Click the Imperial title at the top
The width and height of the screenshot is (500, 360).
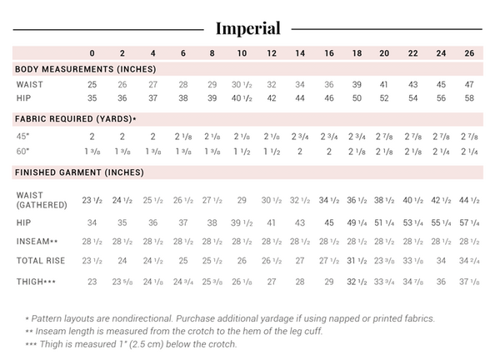(248, 27)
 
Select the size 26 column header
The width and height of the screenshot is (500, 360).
(468, 52)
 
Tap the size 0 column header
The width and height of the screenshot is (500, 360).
(92, 52)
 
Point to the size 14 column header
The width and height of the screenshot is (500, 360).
(300, 52)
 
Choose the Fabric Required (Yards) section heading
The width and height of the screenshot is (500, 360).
(76, 119)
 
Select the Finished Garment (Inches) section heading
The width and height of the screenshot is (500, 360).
(79, 172)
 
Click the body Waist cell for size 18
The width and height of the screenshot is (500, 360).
(357, 84)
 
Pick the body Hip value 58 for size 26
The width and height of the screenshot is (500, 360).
(468, 98)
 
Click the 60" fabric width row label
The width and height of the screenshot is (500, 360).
(23, 151)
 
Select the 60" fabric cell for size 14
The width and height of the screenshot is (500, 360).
(300, 151)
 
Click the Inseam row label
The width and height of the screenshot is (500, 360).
(36, 242)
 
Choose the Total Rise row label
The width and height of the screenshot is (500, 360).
(41, 261)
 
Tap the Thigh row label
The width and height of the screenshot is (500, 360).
(34, 282)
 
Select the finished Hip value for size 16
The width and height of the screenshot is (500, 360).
(329, 222)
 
